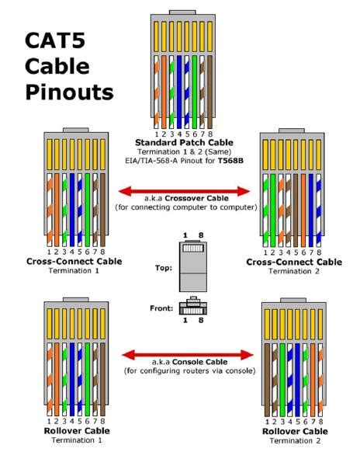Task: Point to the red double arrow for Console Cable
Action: [x=186, y=355]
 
